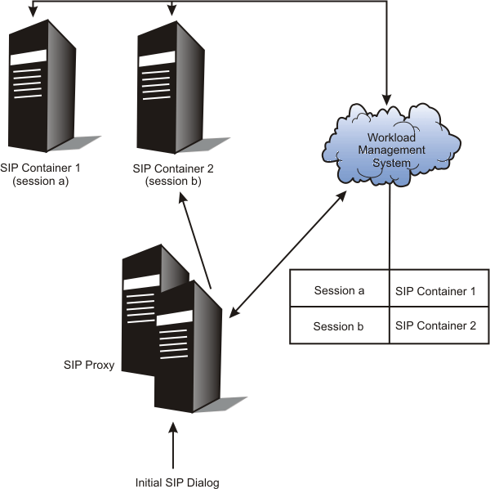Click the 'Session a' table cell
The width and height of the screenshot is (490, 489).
pos(339,290)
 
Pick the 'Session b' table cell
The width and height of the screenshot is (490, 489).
pos(339,326)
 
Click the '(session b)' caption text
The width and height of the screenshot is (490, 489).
pos(169,182)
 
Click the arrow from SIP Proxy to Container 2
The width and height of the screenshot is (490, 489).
pos(197,245)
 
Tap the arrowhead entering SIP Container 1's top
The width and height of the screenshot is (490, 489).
pos(32,11)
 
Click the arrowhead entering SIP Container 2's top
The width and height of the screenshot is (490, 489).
pos(171,11)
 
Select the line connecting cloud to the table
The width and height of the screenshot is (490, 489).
pos(390,229)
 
